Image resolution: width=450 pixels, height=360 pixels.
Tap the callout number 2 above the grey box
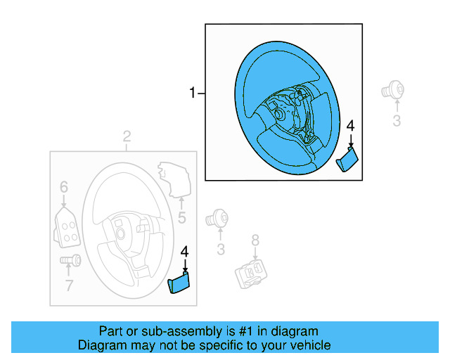point(127,136)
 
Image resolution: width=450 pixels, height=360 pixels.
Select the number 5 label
point(181,218)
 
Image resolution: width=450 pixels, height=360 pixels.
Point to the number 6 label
point(63,187)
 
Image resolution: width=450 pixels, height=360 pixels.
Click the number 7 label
point(69,285)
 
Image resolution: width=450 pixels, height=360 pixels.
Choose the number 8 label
point(255,240)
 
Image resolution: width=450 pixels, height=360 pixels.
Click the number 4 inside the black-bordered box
point(351,127)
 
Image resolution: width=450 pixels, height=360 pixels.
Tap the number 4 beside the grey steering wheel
point(185,252)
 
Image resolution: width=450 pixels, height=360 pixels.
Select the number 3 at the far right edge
point(396,121)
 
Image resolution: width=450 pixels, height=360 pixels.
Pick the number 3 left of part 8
point(220,249)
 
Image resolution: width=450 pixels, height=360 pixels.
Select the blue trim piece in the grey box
point(179,283)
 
